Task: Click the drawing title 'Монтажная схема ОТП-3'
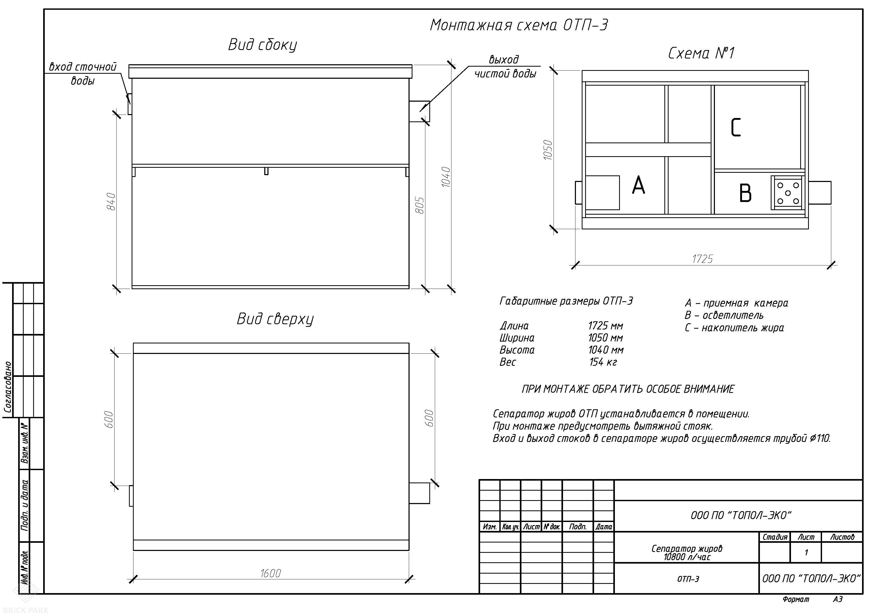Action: pyautogui.click(x=519, y=25)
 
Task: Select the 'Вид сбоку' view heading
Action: pyautogui.click(x=262, y=45)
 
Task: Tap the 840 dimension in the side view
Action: pyautogui.click(x=111, y=201)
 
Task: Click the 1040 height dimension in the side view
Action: pyautogui.click(x=446, y=177)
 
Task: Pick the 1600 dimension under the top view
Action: pyautogui.click(x=271, y=573)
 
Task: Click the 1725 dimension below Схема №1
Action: pyautogui.click(x=702, y=259)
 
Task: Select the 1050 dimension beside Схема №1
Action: pyautogui.click(x=548, y=150)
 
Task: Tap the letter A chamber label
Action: pyautogui.click(x=639, y=185)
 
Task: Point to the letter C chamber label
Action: pyautogui.click(x=735, y=127)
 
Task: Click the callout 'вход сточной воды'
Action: pyautogui.click(x=83, y=74)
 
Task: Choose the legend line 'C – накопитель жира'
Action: pyautogui.click(x=734, y=328)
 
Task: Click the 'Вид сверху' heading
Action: pyautogui.click(x=275, y=319)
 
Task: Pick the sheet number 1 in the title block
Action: pyautogui.click(x=807, y=553)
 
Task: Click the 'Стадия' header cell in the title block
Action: pyautogui.click(x=775, y=537)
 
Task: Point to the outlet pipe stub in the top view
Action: pyautogui.click(x=420, y=493)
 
